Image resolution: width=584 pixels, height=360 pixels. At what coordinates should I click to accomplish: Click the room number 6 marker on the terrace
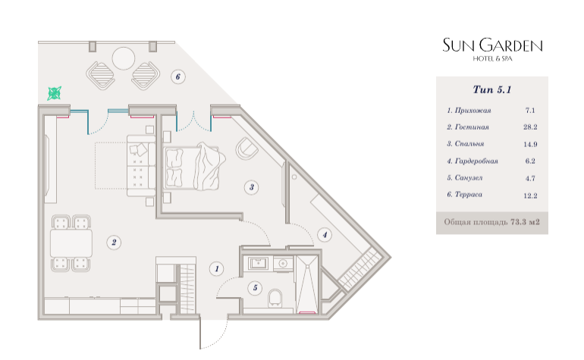(x=178, y=77)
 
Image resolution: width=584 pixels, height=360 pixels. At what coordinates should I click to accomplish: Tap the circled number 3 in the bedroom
(x=252, y=187)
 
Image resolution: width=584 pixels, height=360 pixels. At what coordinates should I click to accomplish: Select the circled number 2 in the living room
(x=114, y=243)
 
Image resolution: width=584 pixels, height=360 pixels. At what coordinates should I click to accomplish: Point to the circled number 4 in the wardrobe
(x=325, y=235)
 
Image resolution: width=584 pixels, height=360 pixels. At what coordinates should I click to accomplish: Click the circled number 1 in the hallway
(x=217, y=268)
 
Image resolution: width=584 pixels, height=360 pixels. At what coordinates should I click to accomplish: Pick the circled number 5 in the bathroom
(x=255, y=287)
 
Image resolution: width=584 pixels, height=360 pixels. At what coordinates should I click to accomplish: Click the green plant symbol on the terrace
(x=55, y=93)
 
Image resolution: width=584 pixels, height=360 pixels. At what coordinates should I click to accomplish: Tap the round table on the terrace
(x=124, y=58)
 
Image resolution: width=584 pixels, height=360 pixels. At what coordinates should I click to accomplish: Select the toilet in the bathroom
(x=275, y=298)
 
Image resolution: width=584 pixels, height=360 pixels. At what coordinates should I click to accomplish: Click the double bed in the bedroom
(x=193, y=166)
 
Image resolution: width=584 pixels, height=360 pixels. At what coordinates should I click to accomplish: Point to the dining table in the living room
(x=71, y=243)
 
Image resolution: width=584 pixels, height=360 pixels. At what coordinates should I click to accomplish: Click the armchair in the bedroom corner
(x=247, y=149)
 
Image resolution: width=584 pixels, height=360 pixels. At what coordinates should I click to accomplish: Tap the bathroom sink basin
(x=258, y=264)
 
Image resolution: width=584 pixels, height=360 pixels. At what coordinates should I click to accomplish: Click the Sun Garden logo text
(x=492, y=45)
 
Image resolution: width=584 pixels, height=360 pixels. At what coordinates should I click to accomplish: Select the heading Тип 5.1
(x=492, y=89)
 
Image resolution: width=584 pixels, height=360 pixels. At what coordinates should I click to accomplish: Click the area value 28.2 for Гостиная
(x=530, y=127)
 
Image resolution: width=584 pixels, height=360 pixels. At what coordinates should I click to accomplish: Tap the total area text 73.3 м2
(x=525, y=222)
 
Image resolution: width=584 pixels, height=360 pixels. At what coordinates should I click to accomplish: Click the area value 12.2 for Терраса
(x=530, y=196)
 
